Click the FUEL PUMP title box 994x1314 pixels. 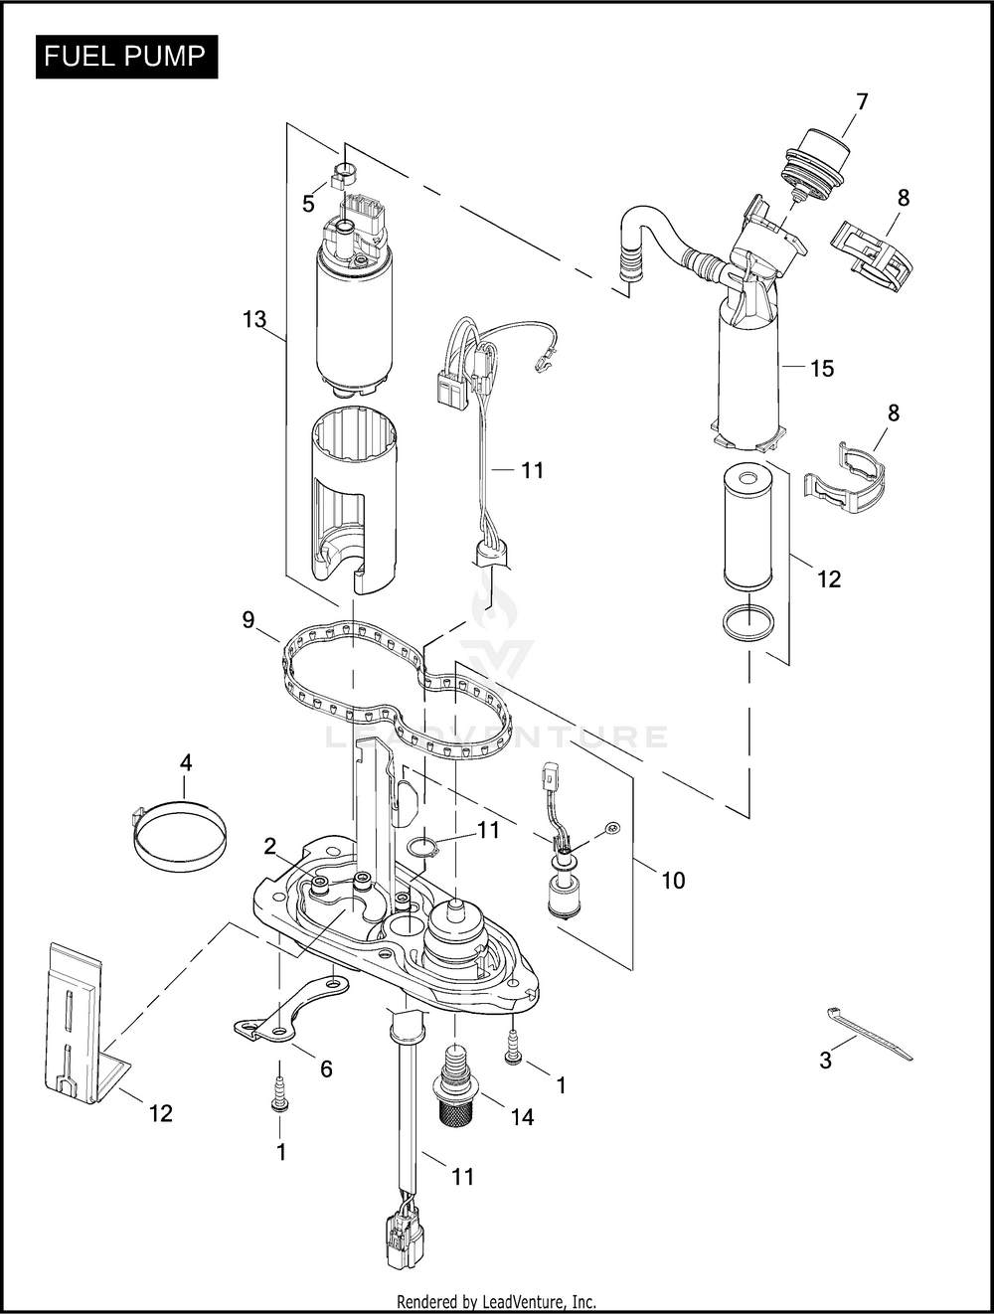click(126, 57)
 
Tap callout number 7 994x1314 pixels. click(861, 102)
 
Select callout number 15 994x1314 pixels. click(822, 368)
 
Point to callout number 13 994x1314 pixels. click(254, 319)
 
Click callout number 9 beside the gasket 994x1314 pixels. click(248, 619)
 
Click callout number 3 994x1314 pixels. click(826, 1061)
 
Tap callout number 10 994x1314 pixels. click(673, 880)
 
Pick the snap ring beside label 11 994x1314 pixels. click(421, 848)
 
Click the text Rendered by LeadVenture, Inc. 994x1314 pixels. click(497, 1300)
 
